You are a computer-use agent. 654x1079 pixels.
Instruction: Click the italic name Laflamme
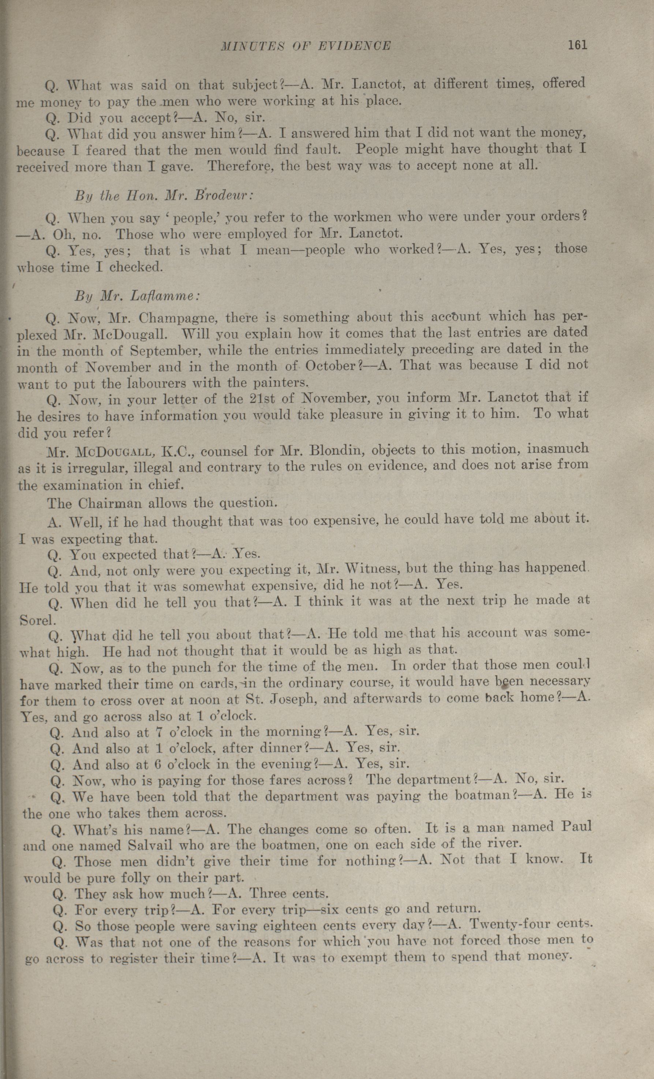165,296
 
